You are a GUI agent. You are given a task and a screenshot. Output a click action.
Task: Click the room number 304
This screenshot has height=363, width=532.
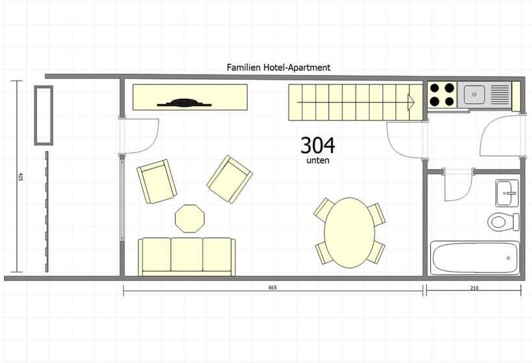coord(317,145)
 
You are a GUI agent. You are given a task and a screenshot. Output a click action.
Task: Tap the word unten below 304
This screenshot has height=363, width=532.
coord(318,161)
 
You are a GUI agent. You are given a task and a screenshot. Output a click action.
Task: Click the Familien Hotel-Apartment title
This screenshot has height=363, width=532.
coord(278,67)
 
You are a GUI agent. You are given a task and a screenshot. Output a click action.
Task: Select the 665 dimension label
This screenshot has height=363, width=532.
coord(272,288)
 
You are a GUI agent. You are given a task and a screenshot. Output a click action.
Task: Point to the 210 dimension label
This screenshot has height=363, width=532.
coord(474,288)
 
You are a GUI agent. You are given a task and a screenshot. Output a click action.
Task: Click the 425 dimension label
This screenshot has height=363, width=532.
coord(20,176)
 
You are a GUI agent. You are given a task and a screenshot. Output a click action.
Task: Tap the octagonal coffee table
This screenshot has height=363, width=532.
coord(189,218)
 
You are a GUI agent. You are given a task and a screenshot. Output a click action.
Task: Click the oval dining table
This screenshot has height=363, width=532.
coord(350,233)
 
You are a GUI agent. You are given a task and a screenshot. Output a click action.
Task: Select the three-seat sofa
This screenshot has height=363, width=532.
coord(187,257)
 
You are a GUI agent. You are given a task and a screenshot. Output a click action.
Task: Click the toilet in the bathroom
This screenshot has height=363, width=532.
coord(503,222)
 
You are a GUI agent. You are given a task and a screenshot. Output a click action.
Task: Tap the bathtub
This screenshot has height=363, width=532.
coord(475,258)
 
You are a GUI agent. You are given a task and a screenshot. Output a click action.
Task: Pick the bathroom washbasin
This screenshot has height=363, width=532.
coord(507,193)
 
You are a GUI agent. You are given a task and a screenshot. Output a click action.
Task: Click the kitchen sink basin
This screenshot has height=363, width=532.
coord(474,94)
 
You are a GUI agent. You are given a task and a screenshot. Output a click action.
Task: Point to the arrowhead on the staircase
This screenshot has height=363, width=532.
coord(411,102)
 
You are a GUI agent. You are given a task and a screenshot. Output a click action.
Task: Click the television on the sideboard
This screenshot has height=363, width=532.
coord(184,102)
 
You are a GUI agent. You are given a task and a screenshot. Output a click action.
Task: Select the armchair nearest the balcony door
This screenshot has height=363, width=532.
coord(156,181)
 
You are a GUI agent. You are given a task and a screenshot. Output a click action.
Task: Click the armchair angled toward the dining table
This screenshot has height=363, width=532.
coord(230,180)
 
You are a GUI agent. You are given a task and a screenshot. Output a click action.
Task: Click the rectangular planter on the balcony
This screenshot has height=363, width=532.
coord(43,115)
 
